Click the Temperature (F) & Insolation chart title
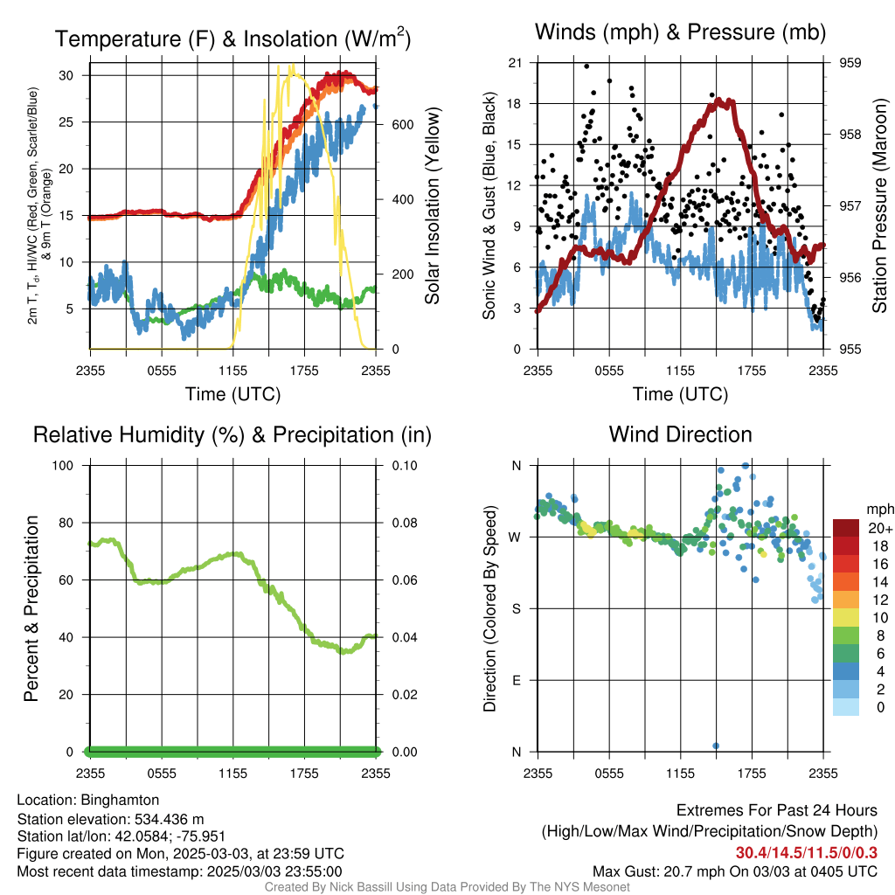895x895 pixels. click(x=232, y=38)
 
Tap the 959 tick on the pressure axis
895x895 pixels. click(x=850, y=63)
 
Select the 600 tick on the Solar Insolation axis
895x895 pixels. click(x=402, y=125)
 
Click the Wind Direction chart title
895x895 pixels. click(x=680, y=434)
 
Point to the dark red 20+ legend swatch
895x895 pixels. click(x=846, y=528)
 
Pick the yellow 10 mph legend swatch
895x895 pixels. click(x=846, y=618)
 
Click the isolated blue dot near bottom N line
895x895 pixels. click(x=716, y=746)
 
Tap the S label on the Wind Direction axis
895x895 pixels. click(x=516, y=609)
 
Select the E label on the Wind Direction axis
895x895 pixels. click(x=516, y=680)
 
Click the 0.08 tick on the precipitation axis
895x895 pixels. click(x=405, y=523)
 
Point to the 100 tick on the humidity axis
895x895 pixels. click(x=63, y=465)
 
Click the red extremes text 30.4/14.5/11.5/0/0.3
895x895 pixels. click(x=806, y=853)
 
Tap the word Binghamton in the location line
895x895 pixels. click(x=120, y=801)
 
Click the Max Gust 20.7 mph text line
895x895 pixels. click(x=734, y=871)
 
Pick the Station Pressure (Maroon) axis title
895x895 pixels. click(x=879, y=205)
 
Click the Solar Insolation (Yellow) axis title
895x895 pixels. click(x=433, y=205)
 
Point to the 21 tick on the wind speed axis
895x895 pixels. click(x=515, y=63)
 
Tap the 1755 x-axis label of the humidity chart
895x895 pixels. click(x=304, y=774)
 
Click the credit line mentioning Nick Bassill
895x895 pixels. click(x=447, y=887)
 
